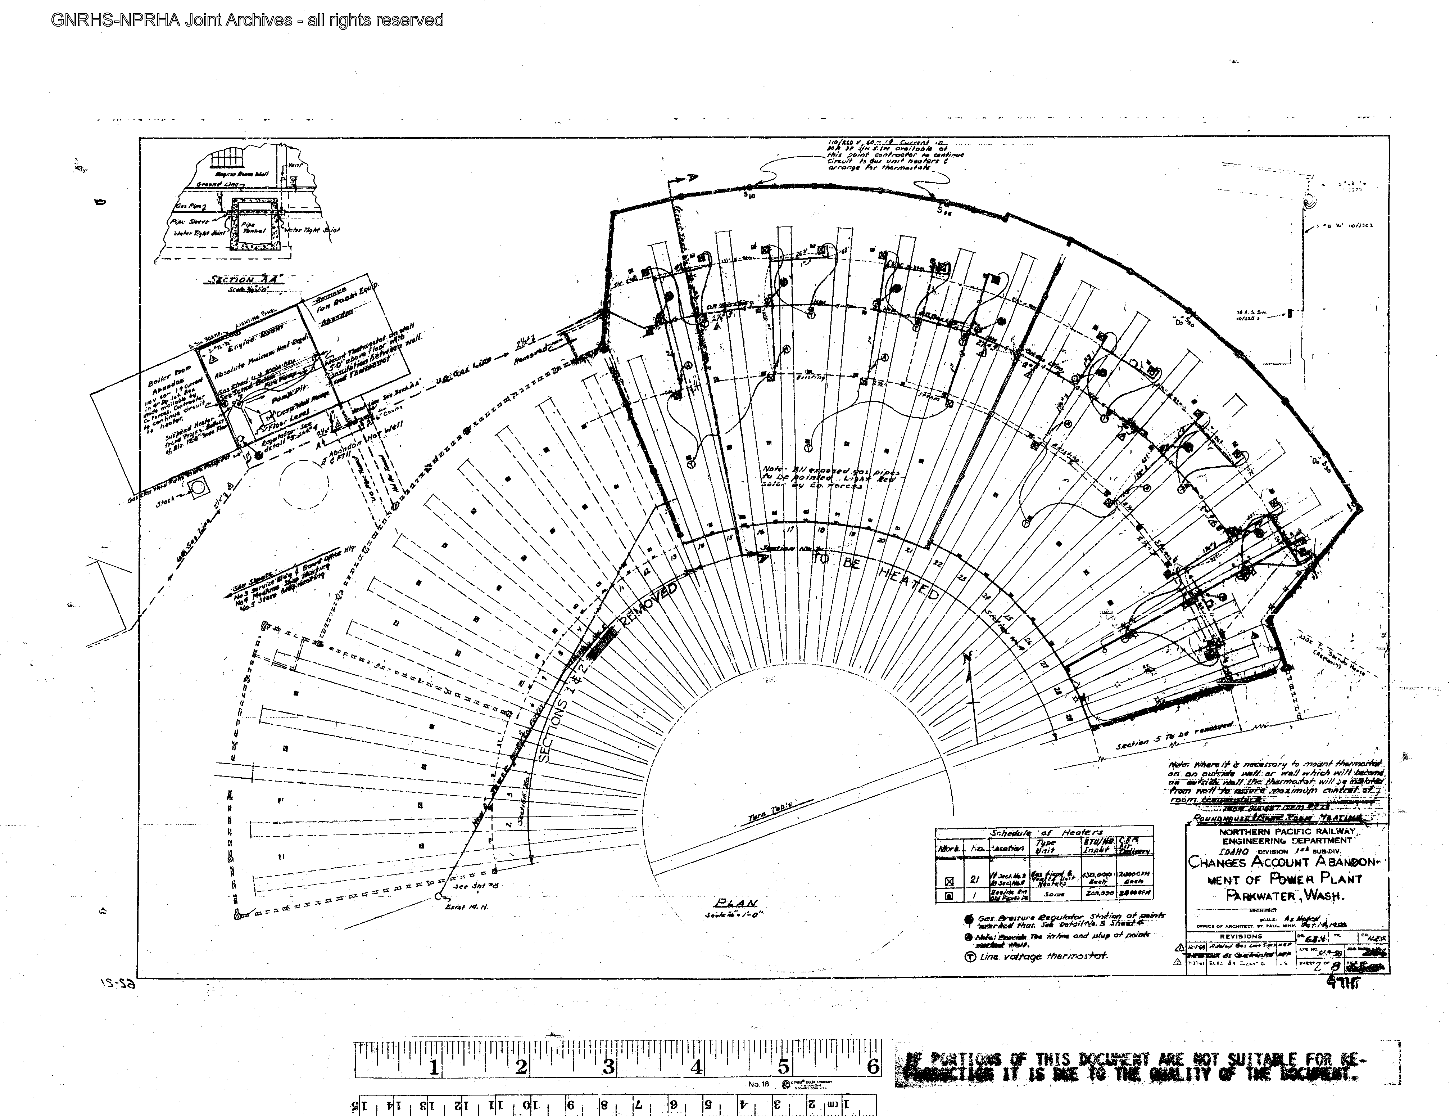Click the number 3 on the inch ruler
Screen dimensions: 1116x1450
(x=608, y=1067)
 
